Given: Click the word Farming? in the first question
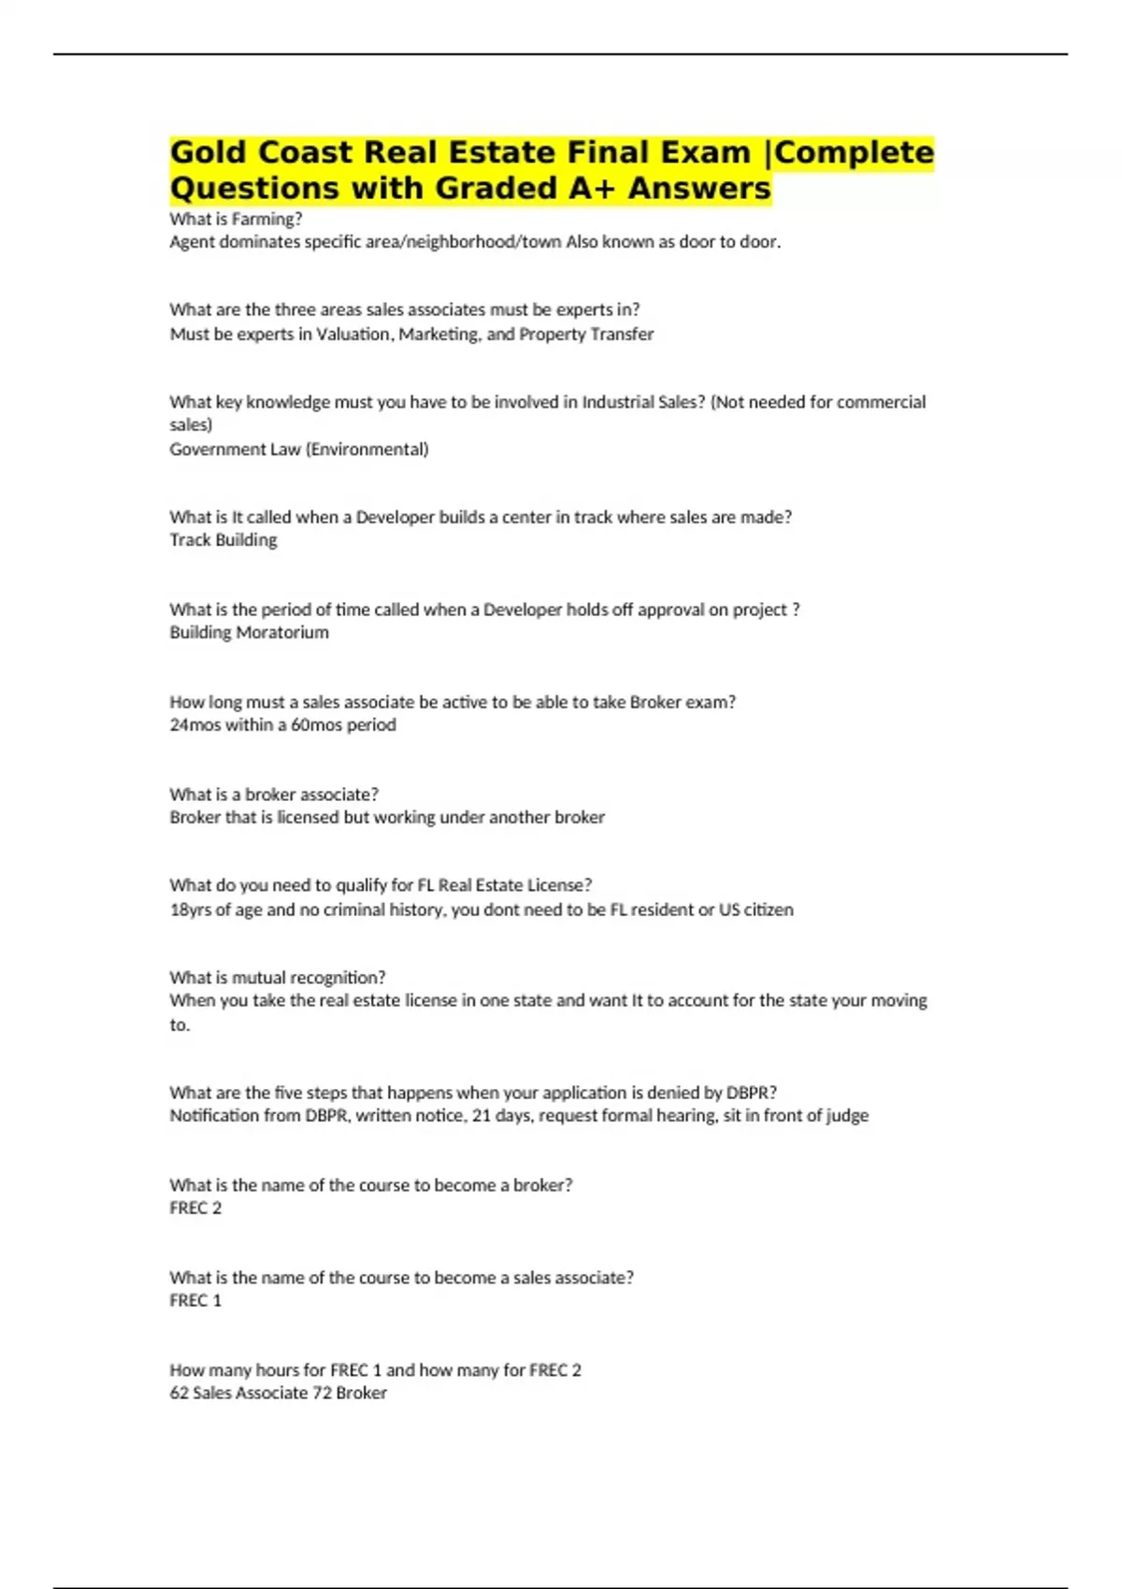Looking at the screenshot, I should click(266, 220).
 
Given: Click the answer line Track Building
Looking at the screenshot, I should click(223, 540).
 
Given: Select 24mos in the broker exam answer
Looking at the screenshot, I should click(194, 725).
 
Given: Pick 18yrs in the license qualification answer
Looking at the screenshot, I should click(190, 910).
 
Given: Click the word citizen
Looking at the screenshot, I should click(769, 910).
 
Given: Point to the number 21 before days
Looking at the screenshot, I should click(482, 1116).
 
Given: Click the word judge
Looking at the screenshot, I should click(848, 1116).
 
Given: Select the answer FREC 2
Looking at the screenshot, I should click(195, 1209).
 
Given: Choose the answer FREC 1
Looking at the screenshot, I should click(195, 1301).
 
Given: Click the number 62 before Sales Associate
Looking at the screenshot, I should click(179, 1394).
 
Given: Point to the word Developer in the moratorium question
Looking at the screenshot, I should click(523, 610).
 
